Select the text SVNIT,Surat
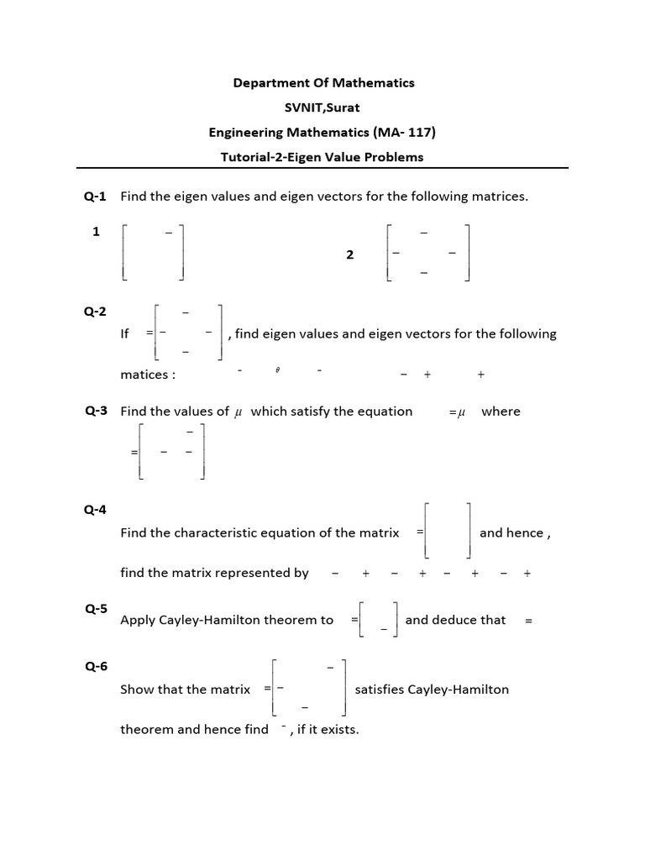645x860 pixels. pos(322,107)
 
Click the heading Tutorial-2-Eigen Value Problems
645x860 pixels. pos(322,157)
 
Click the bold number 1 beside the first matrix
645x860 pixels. pos(97,232)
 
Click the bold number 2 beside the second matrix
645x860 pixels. pos(350,254)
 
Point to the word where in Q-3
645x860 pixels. pos(501,412)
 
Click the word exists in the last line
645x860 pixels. pos(340,729)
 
